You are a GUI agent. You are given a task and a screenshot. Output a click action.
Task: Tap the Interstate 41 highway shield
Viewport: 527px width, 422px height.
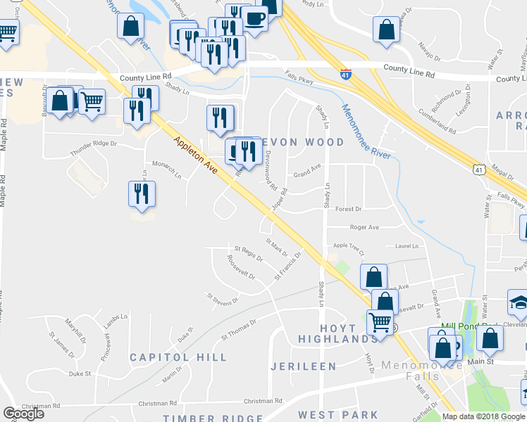click(345, 74)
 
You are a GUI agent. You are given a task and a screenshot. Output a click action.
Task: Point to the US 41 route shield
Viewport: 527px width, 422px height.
click(479, 170)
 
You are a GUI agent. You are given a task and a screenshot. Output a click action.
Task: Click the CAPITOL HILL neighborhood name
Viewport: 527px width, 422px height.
click(178, 357)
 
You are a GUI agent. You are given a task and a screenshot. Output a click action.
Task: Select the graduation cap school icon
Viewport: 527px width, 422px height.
click(519, 303)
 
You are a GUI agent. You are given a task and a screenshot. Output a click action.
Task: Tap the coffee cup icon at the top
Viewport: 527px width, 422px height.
click(254, 18)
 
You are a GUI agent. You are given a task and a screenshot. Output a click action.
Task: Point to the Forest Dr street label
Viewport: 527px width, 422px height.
click(348, 209)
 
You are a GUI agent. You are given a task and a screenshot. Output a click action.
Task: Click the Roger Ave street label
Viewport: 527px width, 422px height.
click(364, 227)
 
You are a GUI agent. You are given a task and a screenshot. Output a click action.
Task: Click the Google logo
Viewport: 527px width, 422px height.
click(23, 414)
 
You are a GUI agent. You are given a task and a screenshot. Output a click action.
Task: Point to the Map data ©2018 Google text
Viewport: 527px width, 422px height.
click(483, 416)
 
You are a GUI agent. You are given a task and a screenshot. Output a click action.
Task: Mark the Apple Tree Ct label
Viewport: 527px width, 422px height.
click(349, 246)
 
